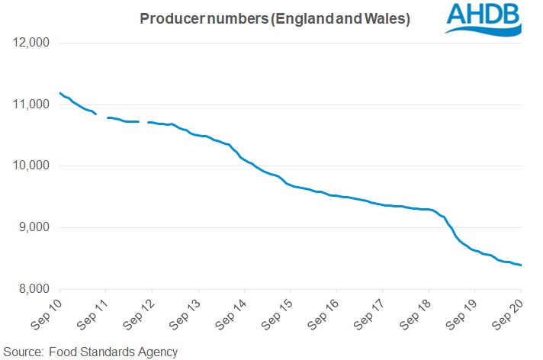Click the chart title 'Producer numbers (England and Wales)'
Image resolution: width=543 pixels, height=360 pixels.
(x=275, y=19)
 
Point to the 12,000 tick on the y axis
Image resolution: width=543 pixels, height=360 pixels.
(x=31, y=43)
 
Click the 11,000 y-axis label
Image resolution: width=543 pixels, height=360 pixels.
(x=31, y=104)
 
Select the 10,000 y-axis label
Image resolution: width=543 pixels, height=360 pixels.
(x=31, y=166)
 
